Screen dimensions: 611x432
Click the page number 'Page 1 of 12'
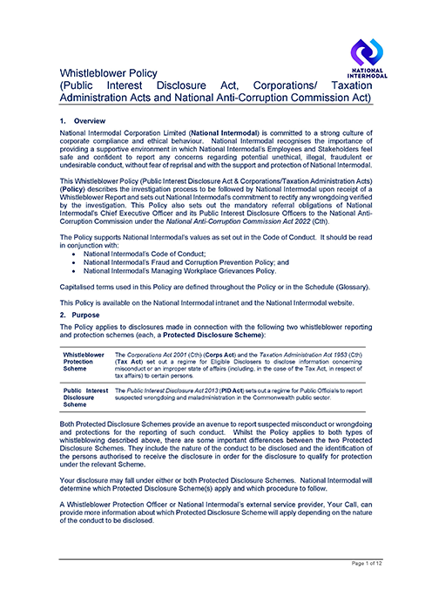click(373, 588)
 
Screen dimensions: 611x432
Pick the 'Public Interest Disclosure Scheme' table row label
click(84, 398)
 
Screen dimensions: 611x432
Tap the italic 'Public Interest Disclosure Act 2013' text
click(172, 391)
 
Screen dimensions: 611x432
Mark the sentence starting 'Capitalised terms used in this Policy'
click(220, 287)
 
